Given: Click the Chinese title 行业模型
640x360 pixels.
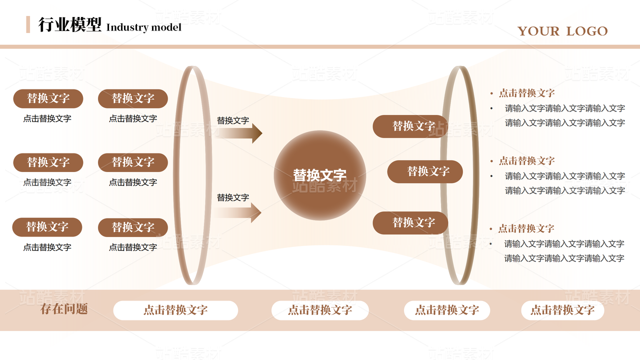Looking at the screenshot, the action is coord(70,24).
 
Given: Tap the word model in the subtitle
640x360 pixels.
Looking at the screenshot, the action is coord(167,27).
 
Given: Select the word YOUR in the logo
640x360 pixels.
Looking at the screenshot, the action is coord(538,31).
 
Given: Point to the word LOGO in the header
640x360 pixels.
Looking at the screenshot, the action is coord(587,31).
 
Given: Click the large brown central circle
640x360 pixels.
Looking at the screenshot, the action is coord(320,175).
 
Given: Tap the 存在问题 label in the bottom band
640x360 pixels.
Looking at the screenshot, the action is coord(64,309).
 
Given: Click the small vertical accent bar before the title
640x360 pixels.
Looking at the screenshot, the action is coord(28,24).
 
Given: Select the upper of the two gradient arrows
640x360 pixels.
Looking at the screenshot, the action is coord(240,133).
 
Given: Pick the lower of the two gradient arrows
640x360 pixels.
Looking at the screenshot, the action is coord(239,212).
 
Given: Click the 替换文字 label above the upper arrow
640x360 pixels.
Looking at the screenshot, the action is coord(232,120).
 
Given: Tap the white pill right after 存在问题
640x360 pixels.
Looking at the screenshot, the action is coord(175,310).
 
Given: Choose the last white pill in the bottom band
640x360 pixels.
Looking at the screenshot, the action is coord(562,310).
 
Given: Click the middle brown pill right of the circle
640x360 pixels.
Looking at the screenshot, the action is coord(425,171).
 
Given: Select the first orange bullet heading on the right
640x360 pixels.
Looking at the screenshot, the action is coord(526,93).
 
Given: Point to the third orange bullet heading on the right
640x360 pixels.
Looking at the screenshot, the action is coord(526,228).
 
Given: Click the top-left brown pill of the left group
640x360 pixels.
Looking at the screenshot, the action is coord(48,98).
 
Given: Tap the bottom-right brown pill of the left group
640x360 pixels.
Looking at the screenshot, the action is coord(133,227).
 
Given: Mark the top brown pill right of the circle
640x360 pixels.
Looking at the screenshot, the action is coord(410,126).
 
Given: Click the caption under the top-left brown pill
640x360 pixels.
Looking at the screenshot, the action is coord(47,118).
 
